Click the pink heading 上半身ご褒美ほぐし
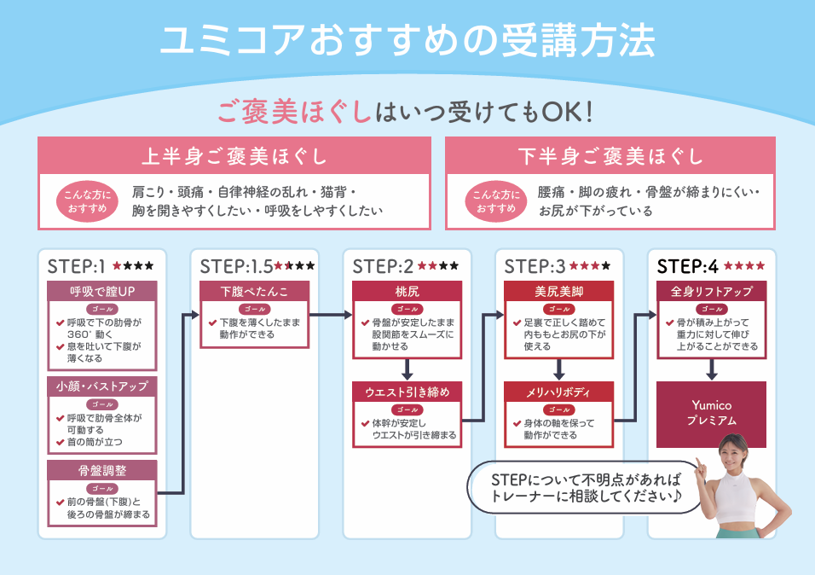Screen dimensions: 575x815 point(234,156)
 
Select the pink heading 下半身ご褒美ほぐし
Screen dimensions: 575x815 point(610,156)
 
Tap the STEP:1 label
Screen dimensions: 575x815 point(76,265)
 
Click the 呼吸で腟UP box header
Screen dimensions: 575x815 point(102,291)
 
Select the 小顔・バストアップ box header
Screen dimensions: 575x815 point(102,386)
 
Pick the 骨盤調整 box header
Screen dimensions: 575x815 point(102,470)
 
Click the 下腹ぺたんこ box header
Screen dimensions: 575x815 point(254,291)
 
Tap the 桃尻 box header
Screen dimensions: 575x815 point(407,291)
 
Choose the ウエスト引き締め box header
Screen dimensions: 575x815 point(407,392)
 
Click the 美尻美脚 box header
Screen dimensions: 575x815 point(559,291)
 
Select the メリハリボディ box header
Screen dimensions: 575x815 point(559,392)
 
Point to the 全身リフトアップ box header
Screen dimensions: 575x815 point(711,291)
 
